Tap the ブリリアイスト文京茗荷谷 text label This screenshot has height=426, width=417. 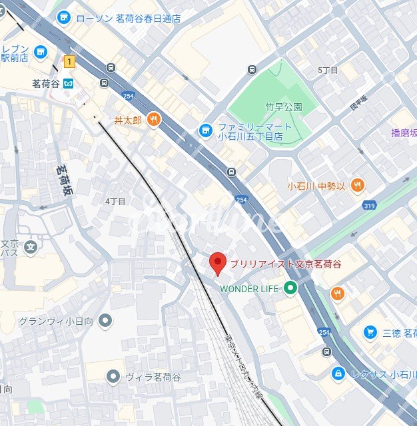pos(286,264)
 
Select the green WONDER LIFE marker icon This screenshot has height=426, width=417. pos(290,288)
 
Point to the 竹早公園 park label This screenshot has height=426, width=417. pos(284,107)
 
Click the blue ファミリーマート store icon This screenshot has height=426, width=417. pos(205,128)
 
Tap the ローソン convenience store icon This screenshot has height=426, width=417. pos(63,18)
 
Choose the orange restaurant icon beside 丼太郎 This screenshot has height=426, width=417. pos(154,120)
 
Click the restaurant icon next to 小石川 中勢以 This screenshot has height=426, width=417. pos(357,186)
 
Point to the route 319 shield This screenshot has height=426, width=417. pos(370,206)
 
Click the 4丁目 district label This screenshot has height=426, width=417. pos(115,201)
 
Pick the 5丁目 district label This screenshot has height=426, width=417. pos(328,71)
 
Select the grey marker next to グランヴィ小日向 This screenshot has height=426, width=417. pos(105,321)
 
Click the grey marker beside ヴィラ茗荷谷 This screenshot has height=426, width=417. pos(114,377)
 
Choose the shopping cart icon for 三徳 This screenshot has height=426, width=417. pos(370,331)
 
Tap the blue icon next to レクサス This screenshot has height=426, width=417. pos(338,373)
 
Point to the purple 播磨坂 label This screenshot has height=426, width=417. pos(404,132)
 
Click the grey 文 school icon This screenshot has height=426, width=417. pos(30,248)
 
